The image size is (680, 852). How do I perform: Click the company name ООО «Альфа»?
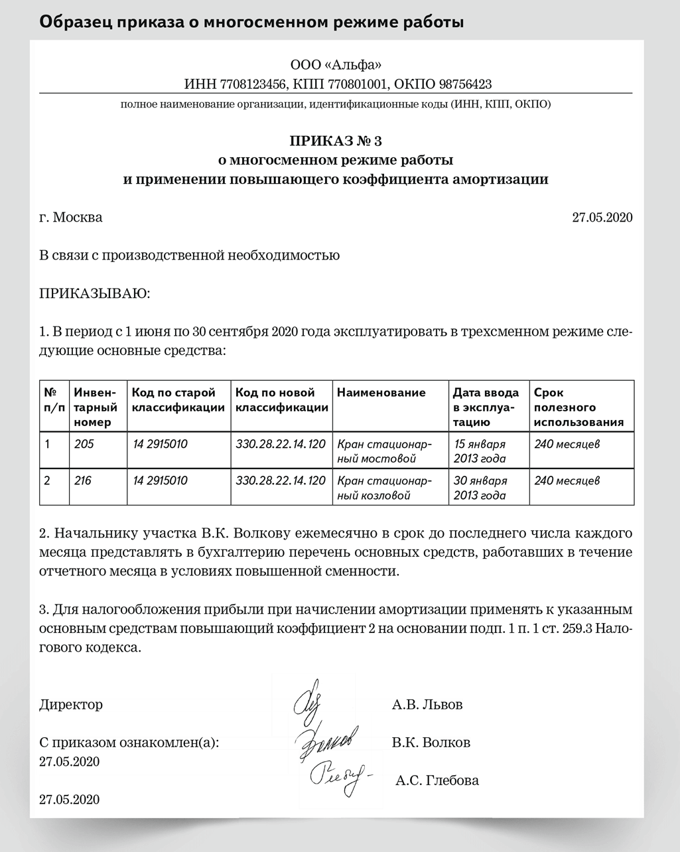coord(336,65)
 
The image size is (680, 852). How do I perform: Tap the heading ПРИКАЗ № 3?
coord(336,141)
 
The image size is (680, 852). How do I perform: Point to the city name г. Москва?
coord(71,217)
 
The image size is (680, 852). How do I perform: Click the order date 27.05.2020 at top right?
coord(602,217)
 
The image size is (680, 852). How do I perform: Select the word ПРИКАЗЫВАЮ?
coord(95,293)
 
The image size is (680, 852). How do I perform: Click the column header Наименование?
coord(381,393)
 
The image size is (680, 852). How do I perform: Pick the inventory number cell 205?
coord(84,444)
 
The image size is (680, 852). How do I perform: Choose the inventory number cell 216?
coord(84,480)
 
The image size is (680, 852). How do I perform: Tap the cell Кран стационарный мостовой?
coord(385,451)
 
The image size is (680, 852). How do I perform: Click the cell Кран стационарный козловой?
coord(385,488)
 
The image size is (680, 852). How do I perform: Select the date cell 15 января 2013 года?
coord(479,451)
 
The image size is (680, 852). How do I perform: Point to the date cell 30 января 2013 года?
coord(480,488)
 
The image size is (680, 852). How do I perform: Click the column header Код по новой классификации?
coord(281,400)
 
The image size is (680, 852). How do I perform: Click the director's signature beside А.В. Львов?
coord(306,699)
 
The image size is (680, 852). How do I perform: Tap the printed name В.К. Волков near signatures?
coord(431,743)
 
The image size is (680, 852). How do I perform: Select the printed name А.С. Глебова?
coord(437,780)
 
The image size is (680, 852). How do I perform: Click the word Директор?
coord(71,705)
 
